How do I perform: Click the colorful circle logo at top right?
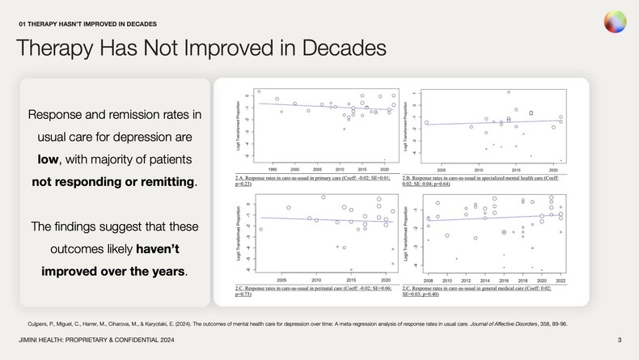[614, 22]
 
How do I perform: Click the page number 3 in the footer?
[619, 339]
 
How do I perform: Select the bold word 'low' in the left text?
[49, 159]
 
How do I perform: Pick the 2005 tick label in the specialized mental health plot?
[441, 171]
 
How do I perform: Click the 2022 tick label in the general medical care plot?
[561, 281]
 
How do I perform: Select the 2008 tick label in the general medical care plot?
[428, 281]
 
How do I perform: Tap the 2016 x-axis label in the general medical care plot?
[504, 281]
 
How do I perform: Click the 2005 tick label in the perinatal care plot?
[281, 281]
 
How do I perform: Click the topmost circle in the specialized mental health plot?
[508, 92]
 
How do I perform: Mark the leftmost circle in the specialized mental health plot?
[426, 123]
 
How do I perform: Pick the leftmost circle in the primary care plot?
[259, 91]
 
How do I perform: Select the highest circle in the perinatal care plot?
[324, 197]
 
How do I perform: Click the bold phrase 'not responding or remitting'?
[113, 181]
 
